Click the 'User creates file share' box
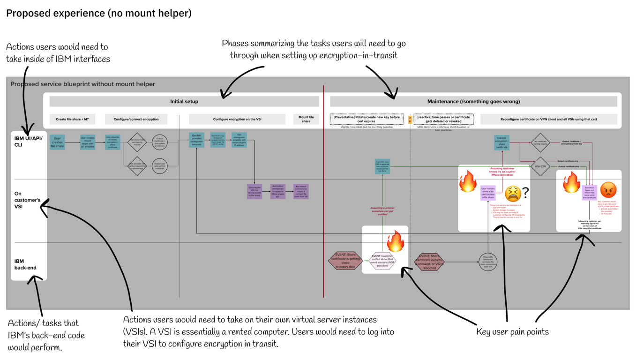(57, 142)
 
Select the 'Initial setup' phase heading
(184, 101)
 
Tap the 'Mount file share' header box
(306, 119)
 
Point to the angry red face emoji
(608, 190)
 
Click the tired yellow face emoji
(513, 193)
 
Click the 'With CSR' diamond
(540, 166)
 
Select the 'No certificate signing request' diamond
(540, 142)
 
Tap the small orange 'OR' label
(410, 120)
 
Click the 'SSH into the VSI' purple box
(254, 191)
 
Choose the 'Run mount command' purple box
(301, 191)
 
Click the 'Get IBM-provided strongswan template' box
(197, 140)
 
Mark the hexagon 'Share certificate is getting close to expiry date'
(345, 261)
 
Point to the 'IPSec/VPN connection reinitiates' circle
(488, 262)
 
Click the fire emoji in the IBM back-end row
(396, 241)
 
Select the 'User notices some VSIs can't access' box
(488, 193)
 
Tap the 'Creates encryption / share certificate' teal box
(501, 142)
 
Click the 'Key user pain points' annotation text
(512, 332)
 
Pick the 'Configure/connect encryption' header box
(136, 119)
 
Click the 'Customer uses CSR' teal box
(382, 166)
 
